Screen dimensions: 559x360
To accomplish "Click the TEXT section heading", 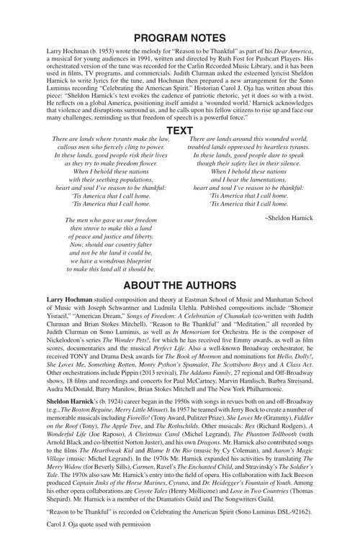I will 179,130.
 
